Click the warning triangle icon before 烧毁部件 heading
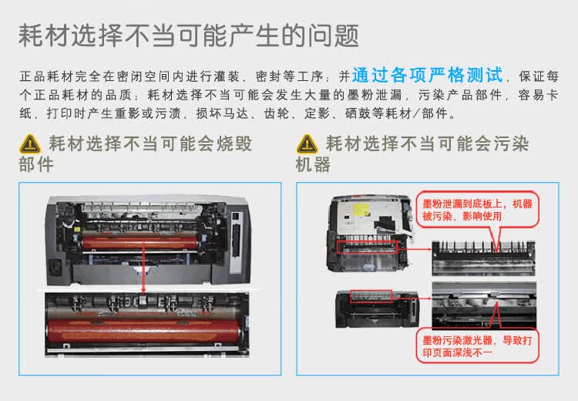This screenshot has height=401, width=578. [x=29, y=143]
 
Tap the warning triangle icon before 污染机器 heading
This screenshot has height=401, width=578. [x=307, y=143]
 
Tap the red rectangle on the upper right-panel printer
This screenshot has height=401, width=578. [x=367, y=247]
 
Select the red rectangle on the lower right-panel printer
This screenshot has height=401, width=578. [x=371, y=295]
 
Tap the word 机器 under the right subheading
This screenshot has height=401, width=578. [x=313, y=164]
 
